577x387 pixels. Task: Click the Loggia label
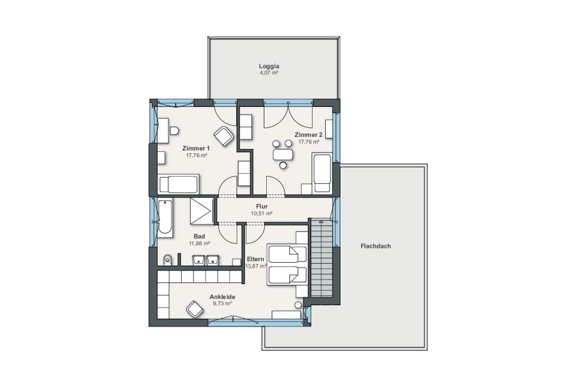click(269, 66)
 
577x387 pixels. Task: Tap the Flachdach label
click(376, 246)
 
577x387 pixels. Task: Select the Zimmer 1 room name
click(196, 148)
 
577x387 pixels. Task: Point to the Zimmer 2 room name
click(308, 135)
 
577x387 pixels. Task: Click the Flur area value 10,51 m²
click(262, 213)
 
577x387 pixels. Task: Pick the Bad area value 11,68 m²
click(199, 243)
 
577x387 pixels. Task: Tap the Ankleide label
click(222, 296)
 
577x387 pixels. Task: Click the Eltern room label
click(255, 259)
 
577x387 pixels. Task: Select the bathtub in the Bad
click(165, 218)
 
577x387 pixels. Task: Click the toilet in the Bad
click(168, 260)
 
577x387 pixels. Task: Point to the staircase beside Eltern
click(322, 258)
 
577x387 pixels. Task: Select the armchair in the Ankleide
click(195, 309)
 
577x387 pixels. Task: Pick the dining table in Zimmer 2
click(283, 154)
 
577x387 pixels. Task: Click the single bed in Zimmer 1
click(179, 184)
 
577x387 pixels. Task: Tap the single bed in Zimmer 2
click(322, 173)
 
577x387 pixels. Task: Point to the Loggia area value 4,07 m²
click(269, 73)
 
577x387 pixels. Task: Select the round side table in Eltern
click(298, 305)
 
